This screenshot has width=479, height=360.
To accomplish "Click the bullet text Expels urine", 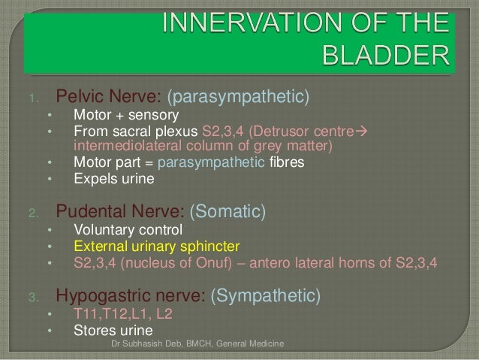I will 113,180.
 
